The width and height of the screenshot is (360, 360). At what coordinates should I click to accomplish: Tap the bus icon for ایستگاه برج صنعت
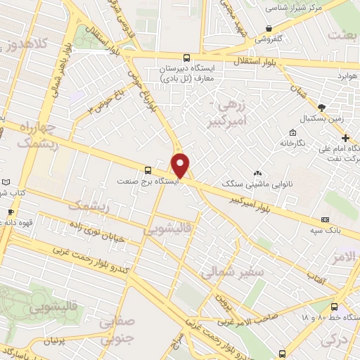click(x=148, y=169)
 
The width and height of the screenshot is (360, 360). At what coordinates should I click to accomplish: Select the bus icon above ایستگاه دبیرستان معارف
click(x=186, y=58)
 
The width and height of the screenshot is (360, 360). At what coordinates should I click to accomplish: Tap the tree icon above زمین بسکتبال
click(x=322, y=108)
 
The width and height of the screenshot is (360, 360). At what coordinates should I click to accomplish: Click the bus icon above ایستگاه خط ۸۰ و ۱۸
click(x=334, y=306)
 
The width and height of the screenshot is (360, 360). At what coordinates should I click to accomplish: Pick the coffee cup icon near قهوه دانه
click(x=10, y=212)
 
